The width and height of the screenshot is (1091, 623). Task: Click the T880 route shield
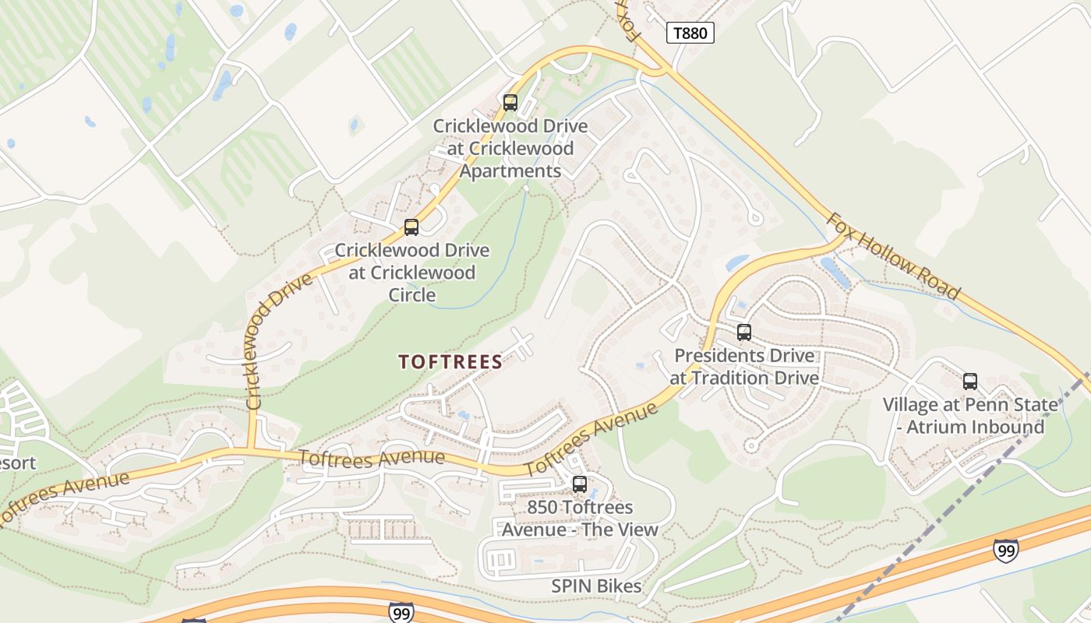(x=690, y=33)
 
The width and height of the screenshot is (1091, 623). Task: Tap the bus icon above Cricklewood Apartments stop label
(x=510, y=102)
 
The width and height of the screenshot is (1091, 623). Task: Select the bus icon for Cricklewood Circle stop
(x=411, y=227)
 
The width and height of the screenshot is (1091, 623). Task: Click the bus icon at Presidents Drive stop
(x=744, y=333)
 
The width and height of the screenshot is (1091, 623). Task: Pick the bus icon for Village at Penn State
(x=970, y=382)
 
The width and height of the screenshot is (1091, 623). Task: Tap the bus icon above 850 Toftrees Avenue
(x=579, y=484)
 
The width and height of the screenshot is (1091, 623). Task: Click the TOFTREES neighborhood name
(x=450, y=362)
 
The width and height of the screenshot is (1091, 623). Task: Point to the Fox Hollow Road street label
(x=893, y=255)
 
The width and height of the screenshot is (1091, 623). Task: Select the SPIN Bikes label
(x=596, y=586)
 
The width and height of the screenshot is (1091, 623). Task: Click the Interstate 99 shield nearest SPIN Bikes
(x=400, y=612)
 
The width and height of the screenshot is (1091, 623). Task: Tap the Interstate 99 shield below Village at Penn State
(x=1005, y=550)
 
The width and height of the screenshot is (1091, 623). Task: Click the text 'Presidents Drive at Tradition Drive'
(x=744, y=367)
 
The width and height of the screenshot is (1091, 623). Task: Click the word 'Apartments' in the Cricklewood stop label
(x=510, y=171)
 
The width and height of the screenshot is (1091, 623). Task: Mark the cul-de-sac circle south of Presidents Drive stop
(x=750, y=446)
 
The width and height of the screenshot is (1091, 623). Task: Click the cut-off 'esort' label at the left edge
(x=17, y=463)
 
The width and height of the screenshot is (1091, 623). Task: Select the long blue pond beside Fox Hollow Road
(x=835, y=273)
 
